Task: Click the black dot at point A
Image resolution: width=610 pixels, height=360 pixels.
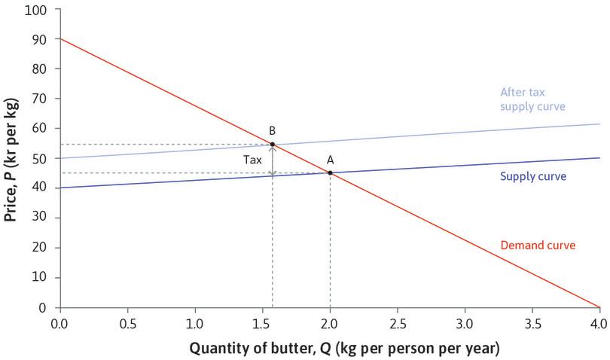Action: pyautogui.click(x=330, y=173)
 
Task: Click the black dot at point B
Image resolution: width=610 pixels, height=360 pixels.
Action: pyautogui.click(x=273, y=144)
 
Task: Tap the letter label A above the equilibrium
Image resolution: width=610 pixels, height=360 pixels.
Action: pyautogui.click(x=329, y=160)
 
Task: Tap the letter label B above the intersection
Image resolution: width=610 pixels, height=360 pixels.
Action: pyautogui.click(x=272, y=130)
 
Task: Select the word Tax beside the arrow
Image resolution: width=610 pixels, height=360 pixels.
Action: pyautogui.click(x=252, y=160)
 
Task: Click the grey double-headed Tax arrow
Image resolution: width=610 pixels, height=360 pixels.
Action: pyautogui.click(x=273, y=160)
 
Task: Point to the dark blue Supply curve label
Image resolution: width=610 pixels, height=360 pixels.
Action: pyautogui.click(x=532, y=176)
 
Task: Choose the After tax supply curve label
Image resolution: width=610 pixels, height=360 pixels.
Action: pyautogui.click(x=532, y=99)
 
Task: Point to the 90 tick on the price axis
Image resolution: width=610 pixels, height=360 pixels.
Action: pyautogui.click(x=38, y=39)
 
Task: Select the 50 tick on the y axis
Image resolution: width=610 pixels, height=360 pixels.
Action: pyautogui.click(x=38, y=158)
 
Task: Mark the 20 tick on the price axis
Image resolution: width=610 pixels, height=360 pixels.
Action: pyautogui.click(x=38, y=248)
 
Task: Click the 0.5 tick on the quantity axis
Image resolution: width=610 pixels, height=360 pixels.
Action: pyautogui.click(x=127, y=324)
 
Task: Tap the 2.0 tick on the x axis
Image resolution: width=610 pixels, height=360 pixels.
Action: pyautogui.click(x=330, y=324)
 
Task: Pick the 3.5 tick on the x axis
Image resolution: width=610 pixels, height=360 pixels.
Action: pyautogui.click(x=532, y=324)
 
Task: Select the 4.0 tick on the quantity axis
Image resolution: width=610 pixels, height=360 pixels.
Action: pyautogui.click(x=599, y=324)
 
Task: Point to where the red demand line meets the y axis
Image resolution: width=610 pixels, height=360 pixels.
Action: pyautogui.click(x=60, y=38)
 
